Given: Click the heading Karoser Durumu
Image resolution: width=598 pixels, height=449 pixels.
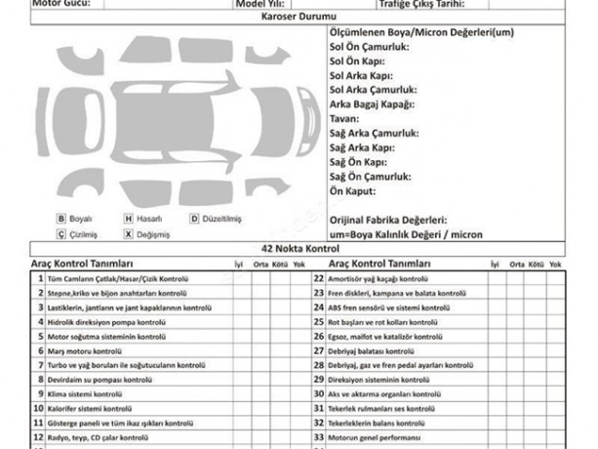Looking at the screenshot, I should (299, 18).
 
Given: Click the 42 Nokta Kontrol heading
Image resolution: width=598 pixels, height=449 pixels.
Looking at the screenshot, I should (299, 250).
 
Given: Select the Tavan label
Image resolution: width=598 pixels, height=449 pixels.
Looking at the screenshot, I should (343, 118).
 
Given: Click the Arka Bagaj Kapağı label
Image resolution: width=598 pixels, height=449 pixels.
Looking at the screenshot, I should (373, 104).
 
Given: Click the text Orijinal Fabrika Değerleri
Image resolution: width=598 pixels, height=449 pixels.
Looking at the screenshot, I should (388, 221).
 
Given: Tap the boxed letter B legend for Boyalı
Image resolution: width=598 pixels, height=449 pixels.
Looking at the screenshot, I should (61, 220).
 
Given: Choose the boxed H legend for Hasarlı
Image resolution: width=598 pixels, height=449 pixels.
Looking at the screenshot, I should (128, 220).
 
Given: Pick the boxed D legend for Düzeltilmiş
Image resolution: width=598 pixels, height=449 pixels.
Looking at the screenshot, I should (194, 220).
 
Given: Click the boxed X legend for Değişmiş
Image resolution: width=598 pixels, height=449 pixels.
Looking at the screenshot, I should (128, 234).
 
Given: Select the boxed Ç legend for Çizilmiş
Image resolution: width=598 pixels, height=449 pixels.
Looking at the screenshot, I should (61, 234).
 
